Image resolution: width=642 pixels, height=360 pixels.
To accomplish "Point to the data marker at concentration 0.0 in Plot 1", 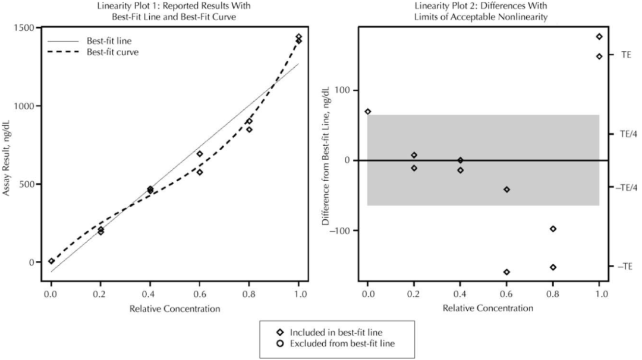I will (52, 261).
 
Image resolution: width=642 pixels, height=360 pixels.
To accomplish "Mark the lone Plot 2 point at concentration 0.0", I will (368, 112).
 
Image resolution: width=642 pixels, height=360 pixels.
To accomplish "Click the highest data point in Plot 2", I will (599, 36).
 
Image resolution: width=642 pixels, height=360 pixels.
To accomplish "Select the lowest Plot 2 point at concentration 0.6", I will (506, 272).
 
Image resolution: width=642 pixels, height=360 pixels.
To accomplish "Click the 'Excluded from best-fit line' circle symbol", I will (280, 344).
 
